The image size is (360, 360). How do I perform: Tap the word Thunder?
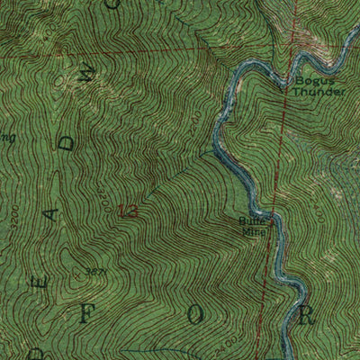[319, 92]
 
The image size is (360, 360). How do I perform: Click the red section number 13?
[129, 212]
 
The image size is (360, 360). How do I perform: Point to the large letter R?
[306, 316]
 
